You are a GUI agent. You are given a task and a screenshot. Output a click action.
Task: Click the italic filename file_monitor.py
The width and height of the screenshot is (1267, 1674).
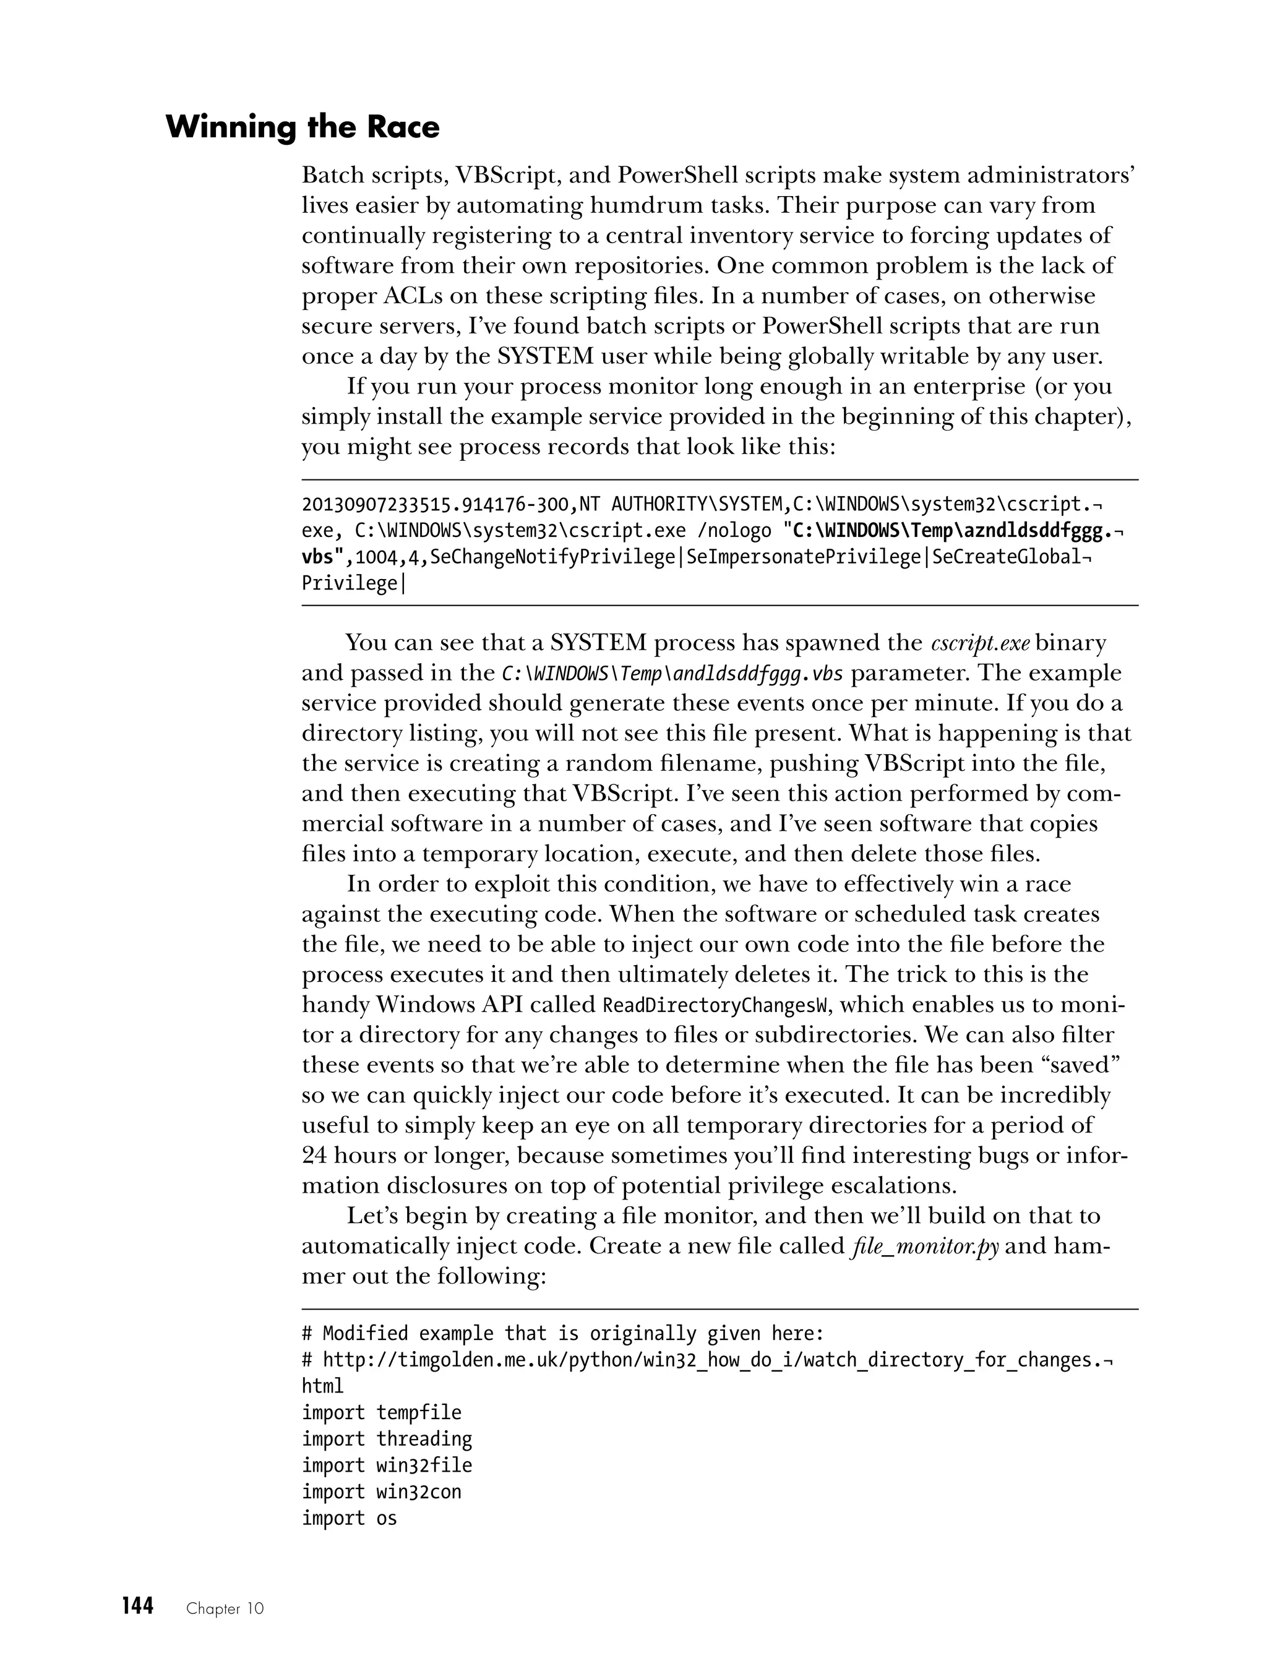[x=925, y=1246]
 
